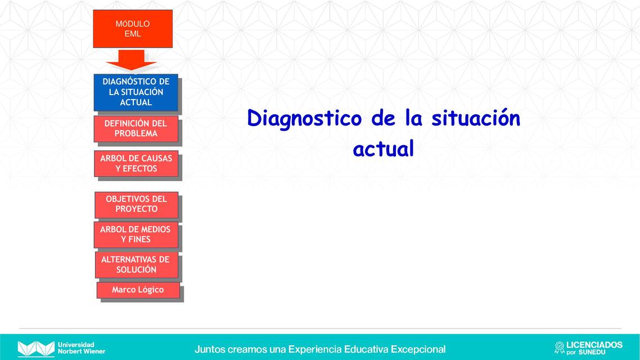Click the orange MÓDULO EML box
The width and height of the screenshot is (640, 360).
pos(133,29)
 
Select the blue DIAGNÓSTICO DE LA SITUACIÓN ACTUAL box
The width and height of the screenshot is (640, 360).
pos(136,92)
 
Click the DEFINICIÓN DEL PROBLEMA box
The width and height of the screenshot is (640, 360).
pos(136,128)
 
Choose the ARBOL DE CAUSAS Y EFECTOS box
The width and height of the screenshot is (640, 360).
pos(136,163)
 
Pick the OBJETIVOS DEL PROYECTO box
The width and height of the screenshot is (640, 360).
pos(136,204)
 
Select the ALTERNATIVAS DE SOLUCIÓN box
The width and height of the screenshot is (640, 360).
pos(136,264)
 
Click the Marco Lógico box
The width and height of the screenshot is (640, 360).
pos(138,290)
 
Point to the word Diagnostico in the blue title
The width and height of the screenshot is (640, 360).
pos(304,119)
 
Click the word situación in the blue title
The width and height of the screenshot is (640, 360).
pos(476,118)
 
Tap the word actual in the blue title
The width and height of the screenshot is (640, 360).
pos(383,148)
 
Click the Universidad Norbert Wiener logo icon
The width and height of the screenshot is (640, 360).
pos(36,348)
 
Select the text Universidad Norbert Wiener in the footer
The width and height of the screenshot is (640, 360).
pos(81,348)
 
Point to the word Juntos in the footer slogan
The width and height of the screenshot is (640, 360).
pos(209,349)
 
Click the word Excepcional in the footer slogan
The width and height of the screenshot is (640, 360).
pos(418,349)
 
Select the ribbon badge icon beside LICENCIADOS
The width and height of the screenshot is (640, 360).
pos(559,348)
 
